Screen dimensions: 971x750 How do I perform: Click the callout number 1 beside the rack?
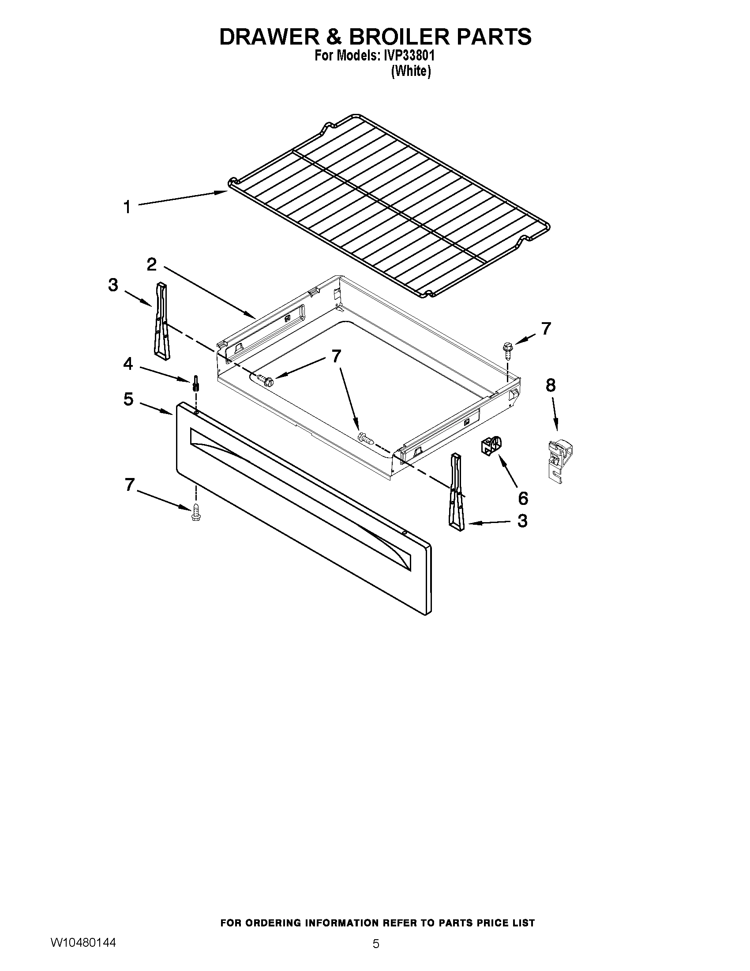coord(127,207)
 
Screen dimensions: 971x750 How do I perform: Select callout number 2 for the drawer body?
coord(151,265)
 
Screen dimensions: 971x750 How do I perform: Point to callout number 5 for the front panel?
coord(128,399)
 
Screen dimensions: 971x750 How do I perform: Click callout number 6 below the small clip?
coord(523,499)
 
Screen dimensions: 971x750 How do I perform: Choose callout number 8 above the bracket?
coord(551,385)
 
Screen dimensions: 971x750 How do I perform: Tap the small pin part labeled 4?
coord(195,383)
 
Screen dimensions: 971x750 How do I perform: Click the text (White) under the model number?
coord(411,71)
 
